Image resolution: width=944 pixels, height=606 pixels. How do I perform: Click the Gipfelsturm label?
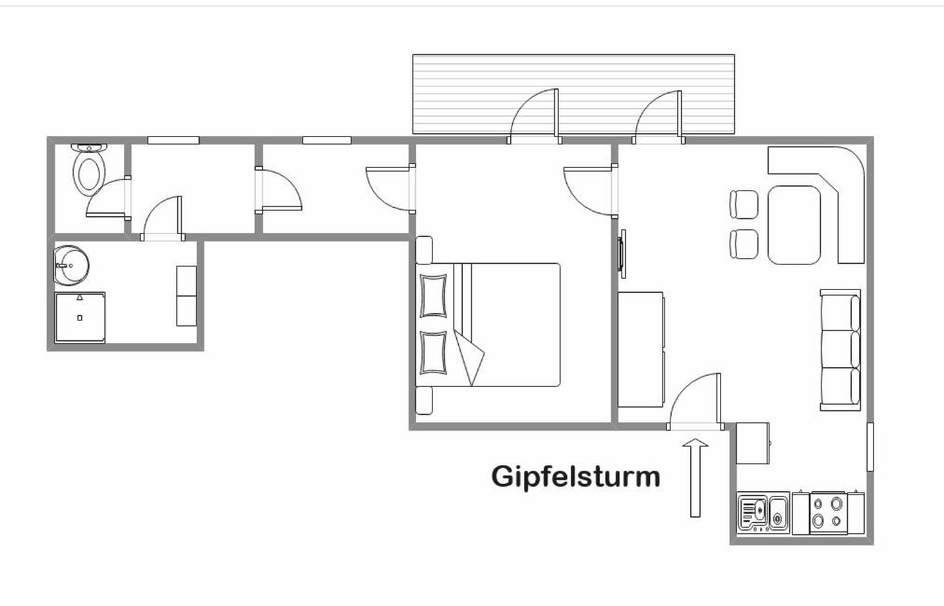click(576, 476)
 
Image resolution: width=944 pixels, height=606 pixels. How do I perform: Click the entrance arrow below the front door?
click(695, 477)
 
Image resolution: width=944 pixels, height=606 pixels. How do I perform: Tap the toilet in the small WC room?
click(90, 169)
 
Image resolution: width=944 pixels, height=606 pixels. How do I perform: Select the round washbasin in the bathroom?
click(71, 265)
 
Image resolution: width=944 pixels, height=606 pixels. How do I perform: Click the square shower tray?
click(80, 318)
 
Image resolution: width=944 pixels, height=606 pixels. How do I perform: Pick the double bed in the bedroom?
click(488, 324)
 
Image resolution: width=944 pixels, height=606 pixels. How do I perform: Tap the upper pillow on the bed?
click(434, 296)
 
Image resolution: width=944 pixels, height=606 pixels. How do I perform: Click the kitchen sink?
click(763, 513)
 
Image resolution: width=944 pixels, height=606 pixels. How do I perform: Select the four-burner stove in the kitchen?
click(826, 513)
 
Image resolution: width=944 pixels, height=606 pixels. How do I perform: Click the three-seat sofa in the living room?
click(840, 351)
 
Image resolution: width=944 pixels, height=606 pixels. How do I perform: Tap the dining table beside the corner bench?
click(795, 225)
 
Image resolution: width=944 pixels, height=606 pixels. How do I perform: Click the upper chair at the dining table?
click(744, 204)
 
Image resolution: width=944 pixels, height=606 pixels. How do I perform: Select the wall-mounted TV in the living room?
click(621, 253)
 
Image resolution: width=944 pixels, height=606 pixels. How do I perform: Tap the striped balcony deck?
click(573, 93)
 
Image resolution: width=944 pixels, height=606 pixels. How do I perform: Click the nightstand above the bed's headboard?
click(423, 250)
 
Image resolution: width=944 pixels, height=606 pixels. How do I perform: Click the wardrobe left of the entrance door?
click(641, 350)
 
